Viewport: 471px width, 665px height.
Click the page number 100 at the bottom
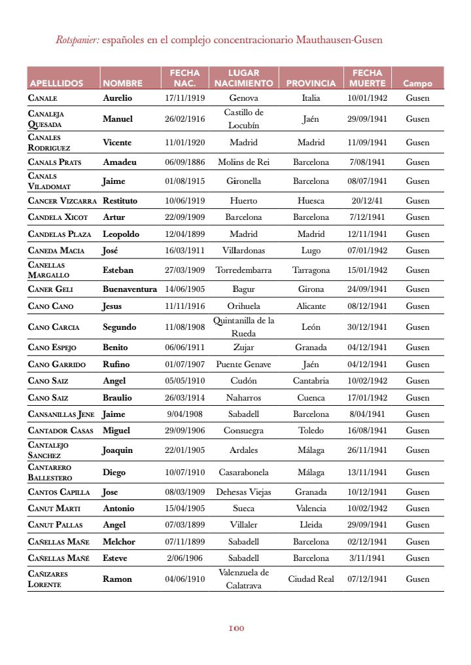[x=236, y=629]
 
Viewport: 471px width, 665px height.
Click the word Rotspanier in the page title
[x=77, y=40]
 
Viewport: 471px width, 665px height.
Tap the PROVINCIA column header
[x=311, y=84]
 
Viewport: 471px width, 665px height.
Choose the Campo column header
[x=417, y=84]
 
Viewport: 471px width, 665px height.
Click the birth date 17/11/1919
[x=185, y=98]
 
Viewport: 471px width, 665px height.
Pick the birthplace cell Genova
[x=243, y=98]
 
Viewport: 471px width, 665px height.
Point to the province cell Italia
[x=311, y=98]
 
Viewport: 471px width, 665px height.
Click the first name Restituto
[x=120, y=201]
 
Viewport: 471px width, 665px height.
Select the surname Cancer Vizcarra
[x=63, y=201]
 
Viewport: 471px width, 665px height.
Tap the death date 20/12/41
[x=367, y=201]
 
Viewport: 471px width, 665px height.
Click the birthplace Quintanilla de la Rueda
[x=243, y=327]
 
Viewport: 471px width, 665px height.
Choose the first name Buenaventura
[x=130, y=289]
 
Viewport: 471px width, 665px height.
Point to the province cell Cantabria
[x=311, y=381]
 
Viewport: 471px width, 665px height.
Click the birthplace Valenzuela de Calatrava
[x=243, y=579]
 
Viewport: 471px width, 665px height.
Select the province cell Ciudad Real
[x=311, y=579]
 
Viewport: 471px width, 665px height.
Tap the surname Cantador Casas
[x=61, y=431]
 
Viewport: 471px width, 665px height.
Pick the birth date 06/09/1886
[x=185, y=162]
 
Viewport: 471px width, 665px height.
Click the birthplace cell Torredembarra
[x=243, y=270]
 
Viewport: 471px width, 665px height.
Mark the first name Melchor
[x=119, y=542]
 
